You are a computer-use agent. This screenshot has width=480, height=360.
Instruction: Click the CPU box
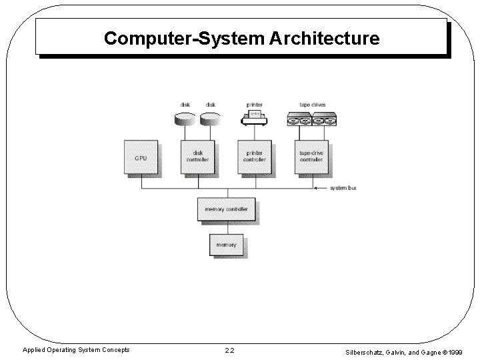141,157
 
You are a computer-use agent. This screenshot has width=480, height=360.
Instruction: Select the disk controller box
198,157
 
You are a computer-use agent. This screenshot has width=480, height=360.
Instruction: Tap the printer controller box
255,157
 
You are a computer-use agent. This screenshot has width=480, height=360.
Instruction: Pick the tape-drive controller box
311,157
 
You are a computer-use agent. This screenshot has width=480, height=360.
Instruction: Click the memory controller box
226,209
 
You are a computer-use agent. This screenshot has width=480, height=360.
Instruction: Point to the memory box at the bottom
226,245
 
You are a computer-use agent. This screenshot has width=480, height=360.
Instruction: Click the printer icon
254,119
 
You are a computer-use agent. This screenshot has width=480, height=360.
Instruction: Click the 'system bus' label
343,188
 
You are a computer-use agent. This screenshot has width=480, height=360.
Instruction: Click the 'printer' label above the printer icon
254,105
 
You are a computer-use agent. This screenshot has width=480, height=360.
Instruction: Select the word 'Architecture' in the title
325,39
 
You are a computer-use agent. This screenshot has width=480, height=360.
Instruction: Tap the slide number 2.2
229,350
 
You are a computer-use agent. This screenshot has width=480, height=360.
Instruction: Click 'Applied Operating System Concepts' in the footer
77,350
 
